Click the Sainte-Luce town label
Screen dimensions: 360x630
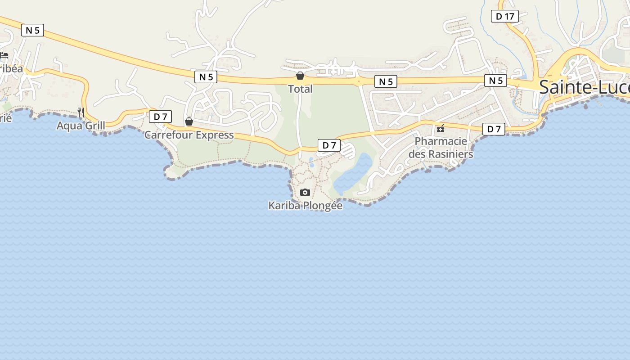point(584,87)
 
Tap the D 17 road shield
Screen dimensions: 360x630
point(505,17)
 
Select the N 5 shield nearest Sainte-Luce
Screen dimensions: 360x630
point(495,81)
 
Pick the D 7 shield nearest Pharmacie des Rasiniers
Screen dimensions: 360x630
point(494,129)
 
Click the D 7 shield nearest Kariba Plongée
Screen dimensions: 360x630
point(329,145)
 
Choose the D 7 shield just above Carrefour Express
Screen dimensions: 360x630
point(160,117)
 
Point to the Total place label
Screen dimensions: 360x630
point(300,89)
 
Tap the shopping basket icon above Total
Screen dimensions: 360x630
point(300,76)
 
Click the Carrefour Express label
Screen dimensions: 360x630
point(189,135)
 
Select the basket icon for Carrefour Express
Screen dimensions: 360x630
point(189,121)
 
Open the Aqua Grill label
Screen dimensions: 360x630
point(81,126)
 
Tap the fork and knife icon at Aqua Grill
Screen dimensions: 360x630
point(81,112)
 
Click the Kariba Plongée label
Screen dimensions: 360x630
point(305,206)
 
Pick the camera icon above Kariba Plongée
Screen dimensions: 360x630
point(305,193)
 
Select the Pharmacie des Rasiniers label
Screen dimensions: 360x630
point(441,148)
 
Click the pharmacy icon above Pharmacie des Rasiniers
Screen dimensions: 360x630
point(441,128)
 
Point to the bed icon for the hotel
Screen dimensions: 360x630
point(4,55)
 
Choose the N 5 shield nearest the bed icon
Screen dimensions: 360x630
point(32,31)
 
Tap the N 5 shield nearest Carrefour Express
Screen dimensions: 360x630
point(206,77)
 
